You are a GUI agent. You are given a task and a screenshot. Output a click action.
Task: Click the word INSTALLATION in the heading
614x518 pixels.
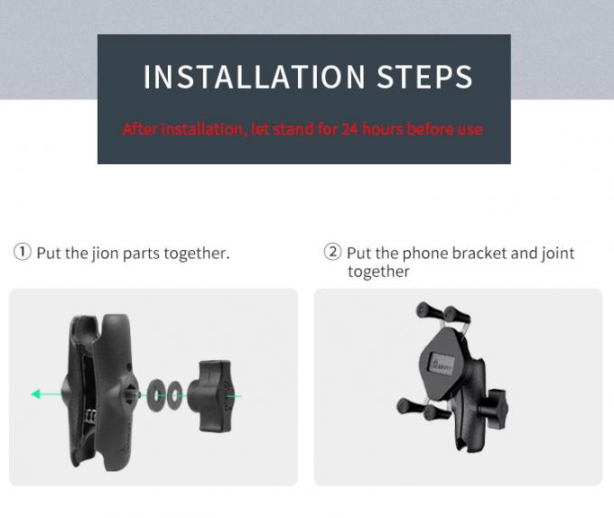[x=254, y=77]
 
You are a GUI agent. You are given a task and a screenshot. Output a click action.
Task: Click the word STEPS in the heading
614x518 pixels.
[x=424, y=77]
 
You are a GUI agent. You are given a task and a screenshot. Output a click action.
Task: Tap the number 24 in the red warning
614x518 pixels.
[x=349, y=129]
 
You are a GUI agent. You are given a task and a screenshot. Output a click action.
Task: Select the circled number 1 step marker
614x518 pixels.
[x=23, y=252]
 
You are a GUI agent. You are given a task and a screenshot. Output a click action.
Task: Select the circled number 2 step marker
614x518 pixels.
[x=332, y=252]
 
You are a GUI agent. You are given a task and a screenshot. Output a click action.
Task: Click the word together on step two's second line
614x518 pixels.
[x=378, y=272]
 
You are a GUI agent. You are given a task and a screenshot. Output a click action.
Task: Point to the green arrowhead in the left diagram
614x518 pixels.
[x=36, y=393]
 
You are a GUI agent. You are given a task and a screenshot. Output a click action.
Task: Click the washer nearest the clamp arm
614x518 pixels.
[x=155, y=395]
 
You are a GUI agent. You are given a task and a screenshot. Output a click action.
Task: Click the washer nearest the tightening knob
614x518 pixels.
[x=174, y=395]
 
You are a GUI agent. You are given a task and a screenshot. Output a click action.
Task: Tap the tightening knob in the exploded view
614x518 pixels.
[x=210, y=396]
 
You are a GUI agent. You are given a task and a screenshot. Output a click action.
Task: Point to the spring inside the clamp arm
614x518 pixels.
[x=91, y=416]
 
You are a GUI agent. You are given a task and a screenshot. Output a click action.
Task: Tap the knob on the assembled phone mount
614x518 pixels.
[x=494, y=410]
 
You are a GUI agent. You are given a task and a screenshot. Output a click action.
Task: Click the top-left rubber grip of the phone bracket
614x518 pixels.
[x=429, y=311]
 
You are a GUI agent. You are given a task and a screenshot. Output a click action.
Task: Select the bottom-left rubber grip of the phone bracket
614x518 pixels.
[x=409, y=406]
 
